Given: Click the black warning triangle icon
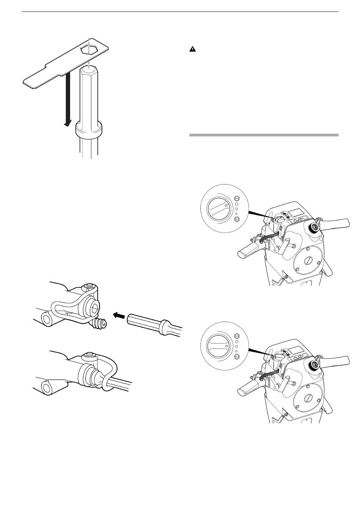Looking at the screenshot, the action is (192, 50).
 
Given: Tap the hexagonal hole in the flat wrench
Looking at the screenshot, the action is (89, 49).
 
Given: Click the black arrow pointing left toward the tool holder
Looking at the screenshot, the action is (119, 314).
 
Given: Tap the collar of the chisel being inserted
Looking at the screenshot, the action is (164, 327).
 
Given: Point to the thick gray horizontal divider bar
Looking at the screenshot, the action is (263, 135).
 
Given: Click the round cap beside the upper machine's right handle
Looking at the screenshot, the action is (314, 228).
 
